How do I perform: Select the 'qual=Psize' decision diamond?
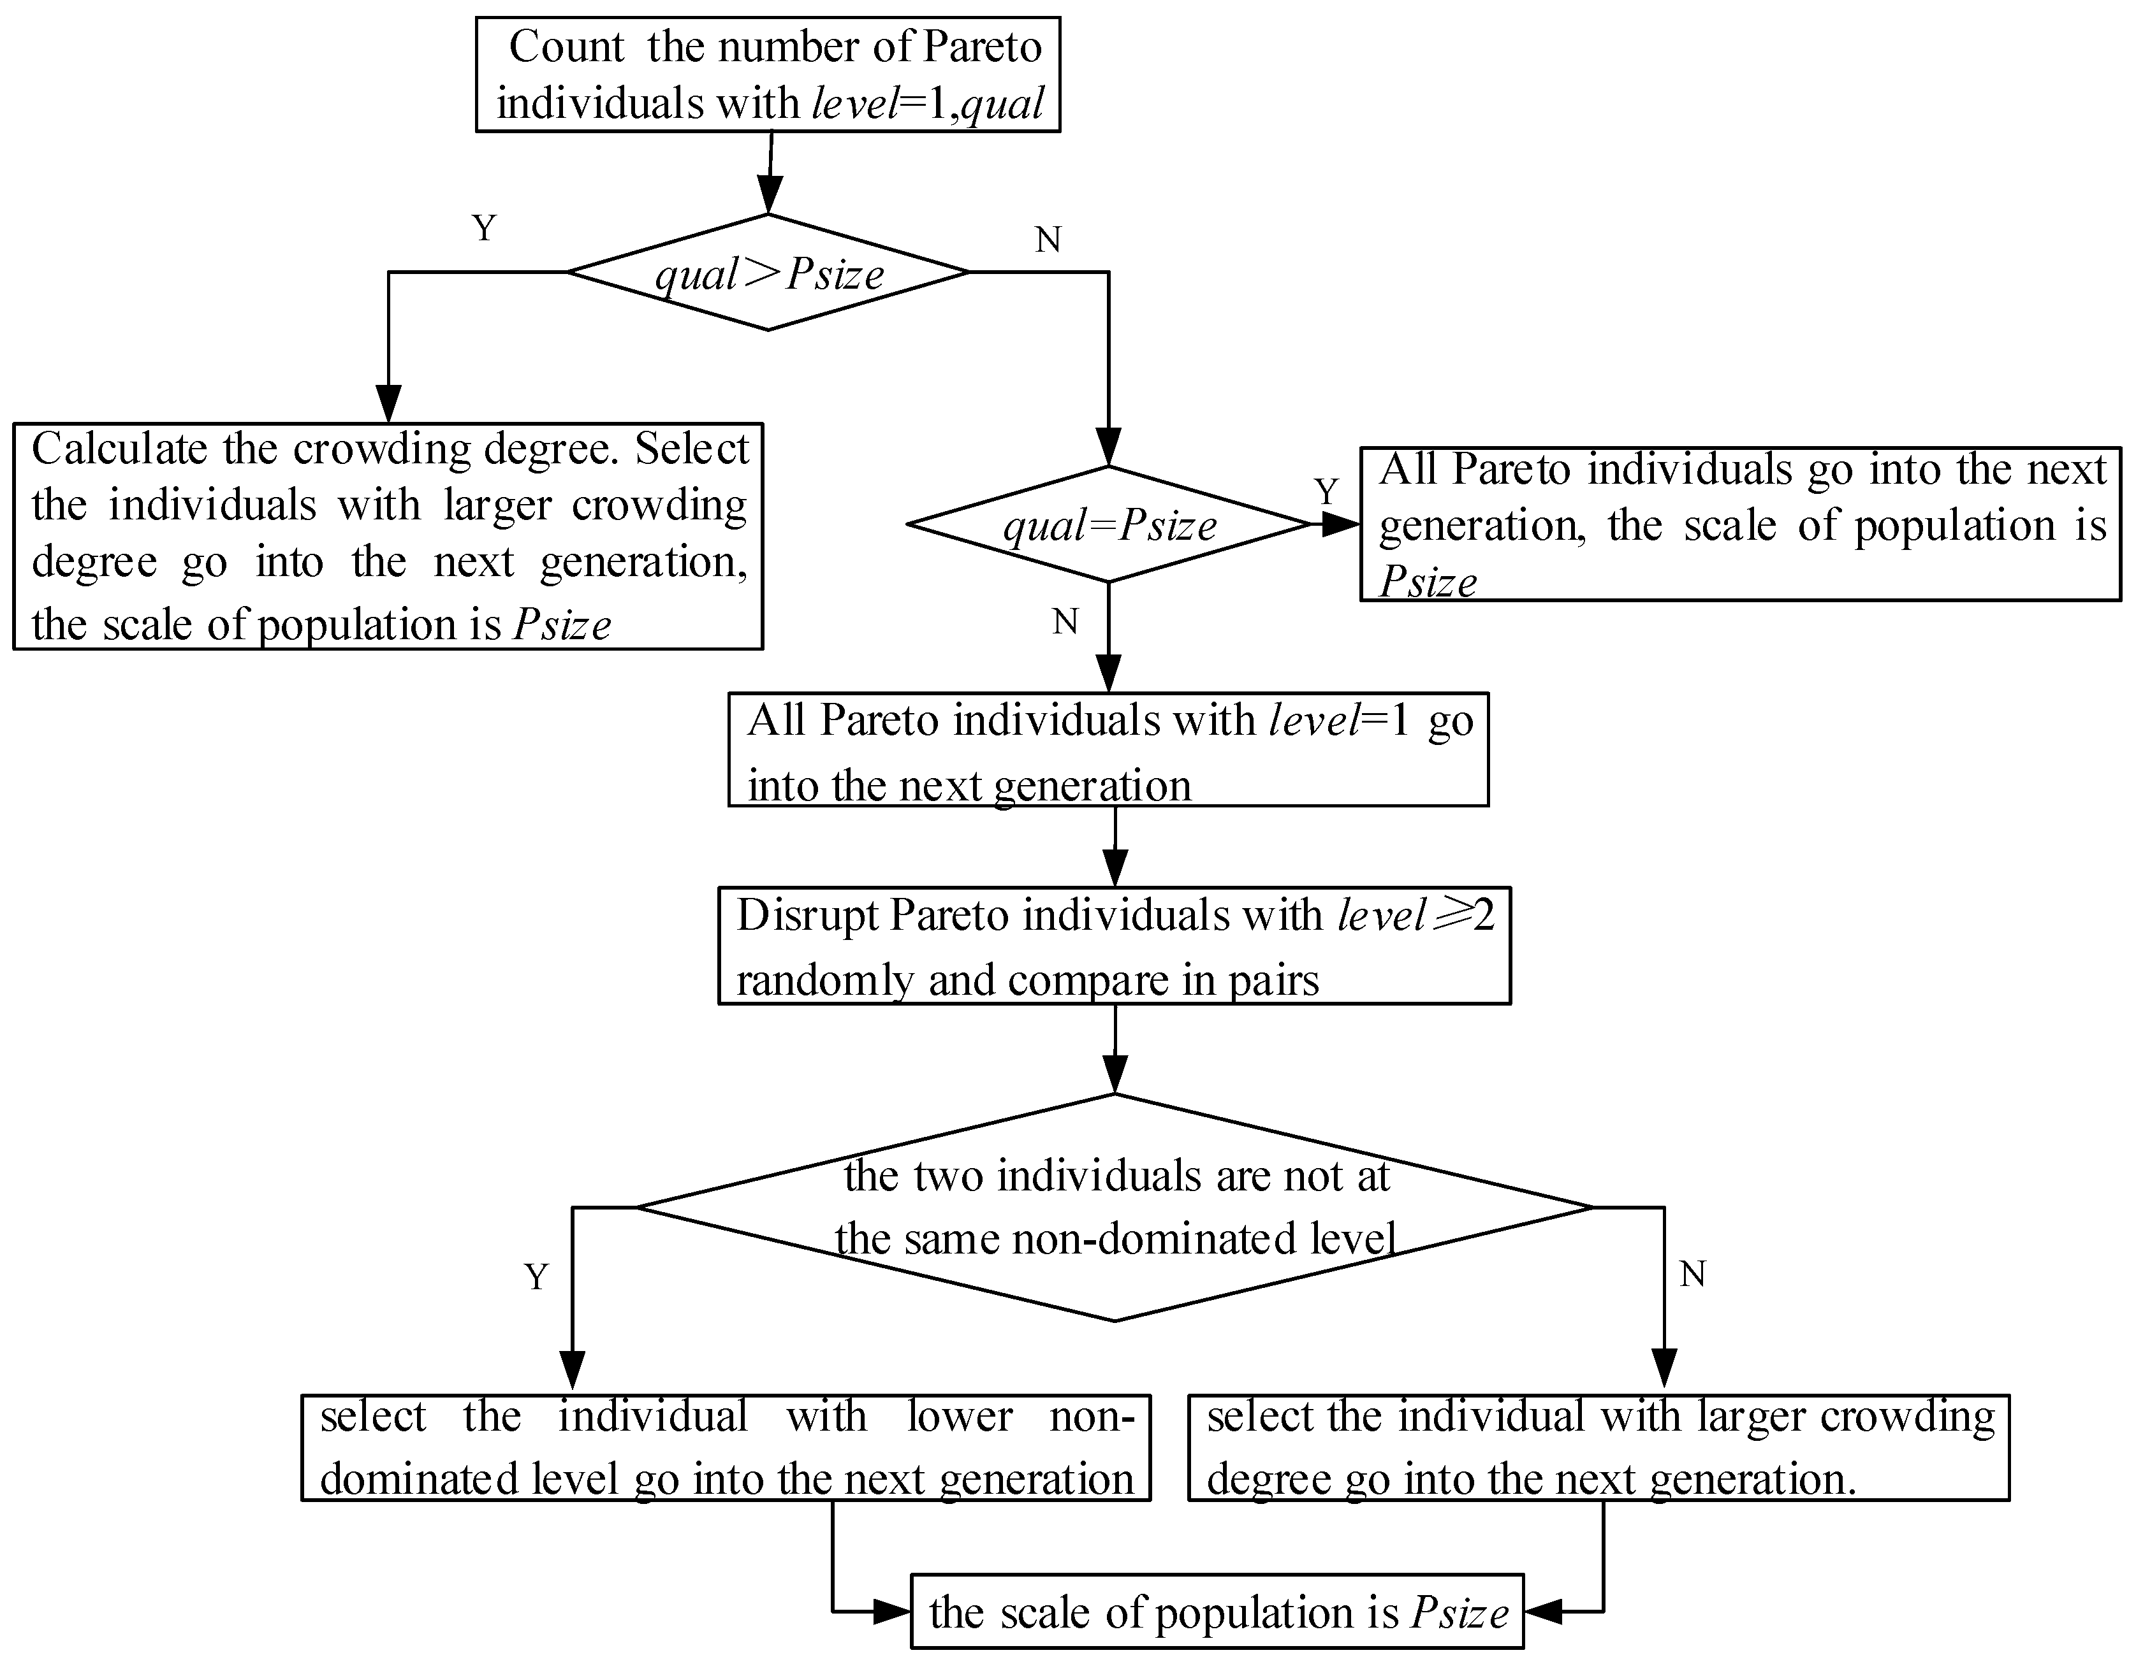pyautogui.click(x=1109, y=525)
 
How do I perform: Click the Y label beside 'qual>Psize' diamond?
pyautogui.click(x=484, y=229)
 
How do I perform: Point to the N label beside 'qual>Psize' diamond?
pyautogui.click(x=1048, y=240)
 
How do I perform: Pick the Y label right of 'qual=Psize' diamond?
pyautogui.click(x=1326, y=491)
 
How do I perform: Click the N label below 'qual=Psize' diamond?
pyautogui.click(x=1065, y=622)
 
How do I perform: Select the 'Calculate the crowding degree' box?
pyautogui.click(x=388, y=536)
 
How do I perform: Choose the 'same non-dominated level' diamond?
pyautogui.click(x=1115, y=1208)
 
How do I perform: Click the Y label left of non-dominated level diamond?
pyautogui.click(x=536, y=1277)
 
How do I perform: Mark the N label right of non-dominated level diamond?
pyautogui.click(x=1693, y=1274)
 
